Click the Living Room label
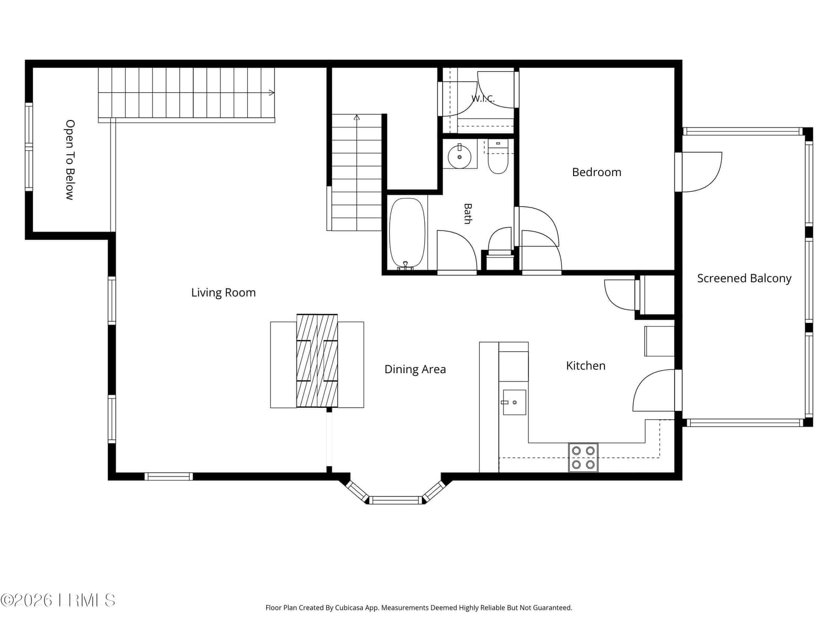coord(223,292)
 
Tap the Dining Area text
coord(415,370)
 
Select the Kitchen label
coord(586,366)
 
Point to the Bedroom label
coord(597,172)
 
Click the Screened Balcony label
coord(744,278)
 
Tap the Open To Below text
coord(70,160)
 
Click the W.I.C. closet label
coord(483,99)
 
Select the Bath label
coord(468,213)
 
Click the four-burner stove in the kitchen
coord(583,457)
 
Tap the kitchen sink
coord(514,402)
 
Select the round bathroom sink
coord(459,157)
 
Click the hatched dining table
coord(317,361)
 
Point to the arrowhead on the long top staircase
coord(271,92)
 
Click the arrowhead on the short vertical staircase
coord(357,117)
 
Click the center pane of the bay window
coord(395,500)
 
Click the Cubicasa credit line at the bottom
coord(419,608)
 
